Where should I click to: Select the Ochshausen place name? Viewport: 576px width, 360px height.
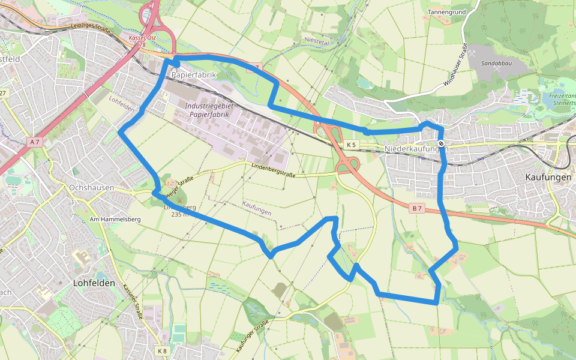[x=92, y=188]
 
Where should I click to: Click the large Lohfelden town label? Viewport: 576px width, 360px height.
[x=94, y=283]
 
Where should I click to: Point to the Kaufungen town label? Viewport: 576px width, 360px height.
[x=548, y=178]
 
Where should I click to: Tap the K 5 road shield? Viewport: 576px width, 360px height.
[x=351, y=145]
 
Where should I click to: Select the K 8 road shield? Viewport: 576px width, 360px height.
[x=162, y=350]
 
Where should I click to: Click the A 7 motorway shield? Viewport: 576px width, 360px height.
[x=35, y=142]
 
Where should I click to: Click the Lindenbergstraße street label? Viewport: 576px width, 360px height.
[x=273, y=170]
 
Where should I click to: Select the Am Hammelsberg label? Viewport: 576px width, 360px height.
[x=115, y=220]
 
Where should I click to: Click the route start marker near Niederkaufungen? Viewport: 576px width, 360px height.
[x=441, y=143]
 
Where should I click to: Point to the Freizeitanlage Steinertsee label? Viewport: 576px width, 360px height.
[x=562, y=99]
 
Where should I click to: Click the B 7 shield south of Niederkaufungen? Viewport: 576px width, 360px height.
[x=417, y=208]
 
